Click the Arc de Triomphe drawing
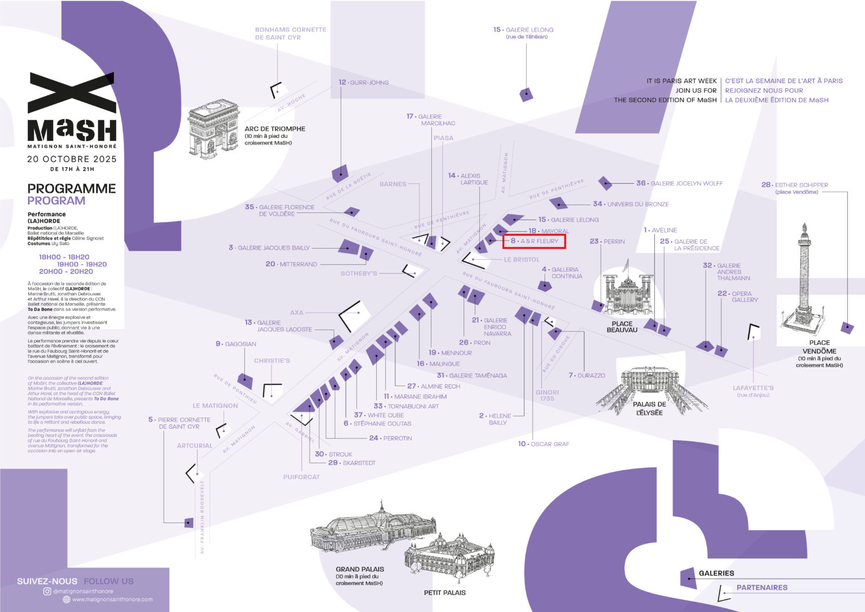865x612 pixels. coord(213,130)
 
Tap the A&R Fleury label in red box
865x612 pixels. coord(534,241)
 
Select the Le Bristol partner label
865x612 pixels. coord(521,260)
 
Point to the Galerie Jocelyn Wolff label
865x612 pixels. coord(686,183)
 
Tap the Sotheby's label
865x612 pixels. coord(359,273)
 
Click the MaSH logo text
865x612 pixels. coord(72,131)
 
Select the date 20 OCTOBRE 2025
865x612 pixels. coord(72,159)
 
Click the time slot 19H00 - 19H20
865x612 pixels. coord(82,264)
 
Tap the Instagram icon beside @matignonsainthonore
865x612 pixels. coord(47,591)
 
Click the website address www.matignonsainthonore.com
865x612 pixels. coord(112,599)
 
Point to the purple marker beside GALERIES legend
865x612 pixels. coord(688,577)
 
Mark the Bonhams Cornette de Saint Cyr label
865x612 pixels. coord(290,33)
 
